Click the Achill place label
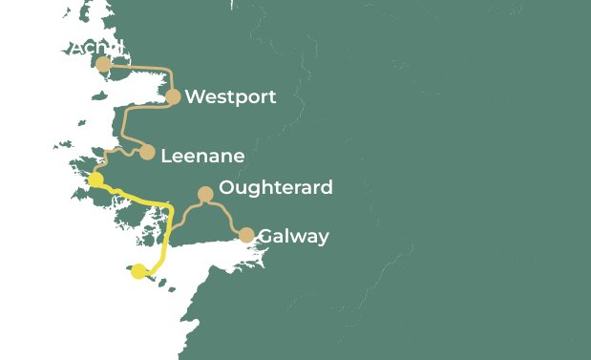coord(96,48)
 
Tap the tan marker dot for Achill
coord(103,64)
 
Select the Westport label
coord(230,96)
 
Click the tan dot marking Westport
coord(173,96)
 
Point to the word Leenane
coord(202,156)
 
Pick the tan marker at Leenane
coord(147,152)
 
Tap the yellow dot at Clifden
coord(95,180)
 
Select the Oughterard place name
coord(276,187)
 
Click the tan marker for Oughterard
coord(204,194)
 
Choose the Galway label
coord(293,236)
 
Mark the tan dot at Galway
coord(246,235)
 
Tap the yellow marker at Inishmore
coord(139,271)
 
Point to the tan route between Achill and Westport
coord(143,67)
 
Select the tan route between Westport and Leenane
coord(126,124)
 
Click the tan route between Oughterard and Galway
coord(227,215)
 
